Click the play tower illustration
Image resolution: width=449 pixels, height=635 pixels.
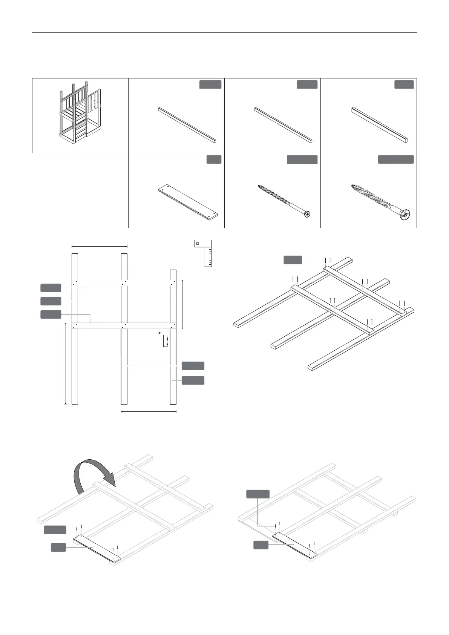point(80,114)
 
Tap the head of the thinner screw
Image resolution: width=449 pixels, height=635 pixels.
point(307,214)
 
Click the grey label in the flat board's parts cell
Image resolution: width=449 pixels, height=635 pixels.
point(214,160)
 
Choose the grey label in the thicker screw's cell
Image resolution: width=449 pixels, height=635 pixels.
point(395,160)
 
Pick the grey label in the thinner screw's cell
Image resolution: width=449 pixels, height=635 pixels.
point(302,160)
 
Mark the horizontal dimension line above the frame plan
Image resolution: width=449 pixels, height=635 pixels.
point(100,247)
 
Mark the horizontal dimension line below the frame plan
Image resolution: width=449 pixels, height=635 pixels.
point(149,411)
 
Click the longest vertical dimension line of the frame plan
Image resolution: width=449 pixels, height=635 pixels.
point(66,364)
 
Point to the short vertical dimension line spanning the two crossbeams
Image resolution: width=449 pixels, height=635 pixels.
point(182,304)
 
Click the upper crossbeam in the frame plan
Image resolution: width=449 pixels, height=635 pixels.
point(124,283)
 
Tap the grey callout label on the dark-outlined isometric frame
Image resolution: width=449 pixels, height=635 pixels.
point(293,260)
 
